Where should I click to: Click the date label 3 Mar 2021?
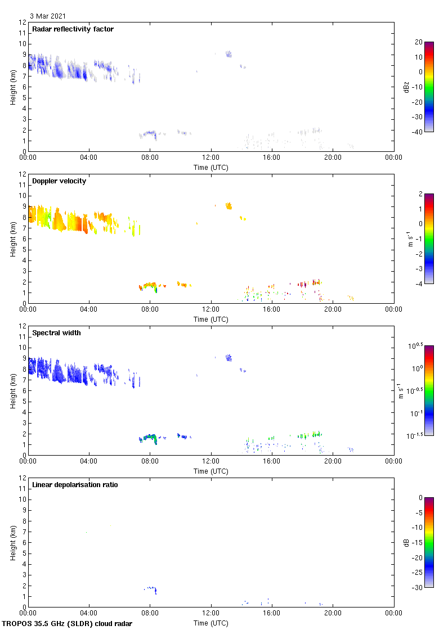pos(47,16)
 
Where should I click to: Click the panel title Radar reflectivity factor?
pos(73,29)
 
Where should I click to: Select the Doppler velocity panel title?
pos(59,181)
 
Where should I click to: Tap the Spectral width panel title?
pos(57,333)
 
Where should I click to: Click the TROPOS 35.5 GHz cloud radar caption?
pos(68,624)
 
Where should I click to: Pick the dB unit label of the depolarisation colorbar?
pos(406,542)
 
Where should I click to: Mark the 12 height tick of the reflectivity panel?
pos(23,22)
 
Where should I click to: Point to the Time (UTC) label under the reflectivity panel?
pos(210,167)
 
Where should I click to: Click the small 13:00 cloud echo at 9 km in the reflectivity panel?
pos(229,54)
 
